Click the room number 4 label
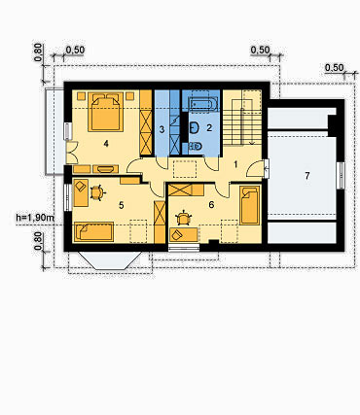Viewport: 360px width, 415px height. pos(106,143)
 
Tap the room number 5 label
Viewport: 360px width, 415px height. pos(122,205)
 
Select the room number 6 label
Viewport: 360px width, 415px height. pos(211,205)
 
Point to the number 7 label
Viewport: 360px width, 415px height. pos(306,176)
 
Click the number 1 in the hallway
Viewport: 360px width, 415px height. pos(235,164)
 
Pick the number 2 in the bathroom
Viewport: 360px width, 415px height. pos(209,127)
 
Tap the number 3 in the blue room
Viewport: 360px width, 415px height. pos(162,130)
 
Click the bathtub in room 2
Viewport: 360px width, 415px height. pos(201,104)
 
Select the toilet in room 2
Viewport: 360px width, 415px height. pos(196,147)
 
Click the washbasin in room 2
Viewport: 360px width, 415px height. pos(195,127)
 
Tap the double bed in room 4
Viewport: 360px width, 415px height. pos(106,112)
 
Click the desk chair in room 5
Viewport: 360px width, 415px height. pos(97,193)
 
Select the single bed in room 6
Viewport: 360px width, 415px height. pos(250,205)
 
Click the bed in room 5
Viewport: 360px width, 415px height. pos(93,231)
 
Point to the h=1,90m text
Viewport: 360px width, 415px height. pos(35,218)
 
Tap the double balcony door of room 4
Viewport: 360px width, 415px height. pos(71,153)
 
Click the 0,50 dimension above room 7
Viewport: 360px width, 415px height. pos(334,68)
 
